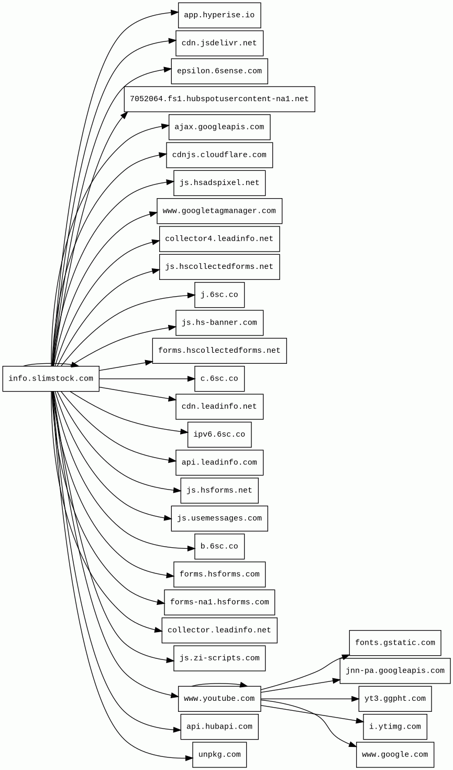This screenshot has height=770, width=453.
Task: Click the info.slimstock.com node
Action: pyautogui.click(x=51, y=378)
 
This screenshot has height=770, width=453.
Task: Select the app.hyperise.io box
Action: pyautogui.click(x=219, y=15)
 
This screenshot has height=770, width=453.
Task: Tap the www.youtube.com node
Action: pyautogui.click(x=219, y=699)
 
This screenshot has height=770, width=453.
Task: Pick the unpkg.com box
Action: pyautogui.click(x=219, y=755)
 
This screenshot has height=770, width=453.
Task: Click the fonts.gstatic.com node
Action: pyautogui.click(x=395, y=643)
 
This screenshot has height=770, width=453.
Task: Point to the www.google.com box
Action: pyautogui.click(x=395, y=755)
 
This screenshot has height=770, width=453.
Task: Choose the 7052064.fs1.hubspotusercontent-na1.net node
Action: pyautogui.click(x=219, y=99)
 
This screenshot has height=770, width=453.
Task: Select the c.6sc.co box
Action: pyautogui.click(x=219, y=378)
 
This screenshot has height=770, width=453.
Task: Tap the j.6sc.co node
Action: pyautogui.click(x=219, y=295)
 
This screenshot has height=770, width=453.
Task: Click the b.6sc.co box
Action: pyautogui.click(x=219, y=546)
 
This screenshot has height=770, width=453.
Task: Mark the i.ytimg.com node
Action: pyautogui.click(x=395, y=726)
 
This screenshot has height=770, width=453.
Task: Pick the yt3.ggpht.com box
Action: pyautogui.click(x=395, y=699)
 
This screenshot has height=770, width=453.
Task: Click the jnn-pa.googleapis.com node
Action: pyautogui.click(x=395, y=671)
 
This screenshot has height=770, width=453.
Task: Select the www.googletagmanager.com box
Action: pyautogui.click(x=219, y=211)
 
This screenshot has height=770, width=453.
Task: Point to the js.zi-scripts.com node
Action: pyautogui.click(x=219, y=658)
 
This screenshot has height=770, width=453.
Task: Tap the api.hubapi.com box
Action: pyautogui.click(x=219, y=726)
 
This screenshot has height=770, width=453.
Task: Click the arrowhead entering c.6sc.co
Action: pyautogui.click(x=191, y=378)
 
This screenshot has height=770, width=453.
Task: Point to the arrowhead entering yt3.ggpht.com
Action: pyautogui.click(x=355, y=699)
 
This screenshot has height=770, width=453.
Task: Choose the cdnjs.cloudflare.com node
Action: pyautogui.click(x=219, y=155)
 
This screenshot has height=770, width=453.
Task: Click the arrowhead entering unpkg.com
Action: pyautogui.click(x=189, y=758)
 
